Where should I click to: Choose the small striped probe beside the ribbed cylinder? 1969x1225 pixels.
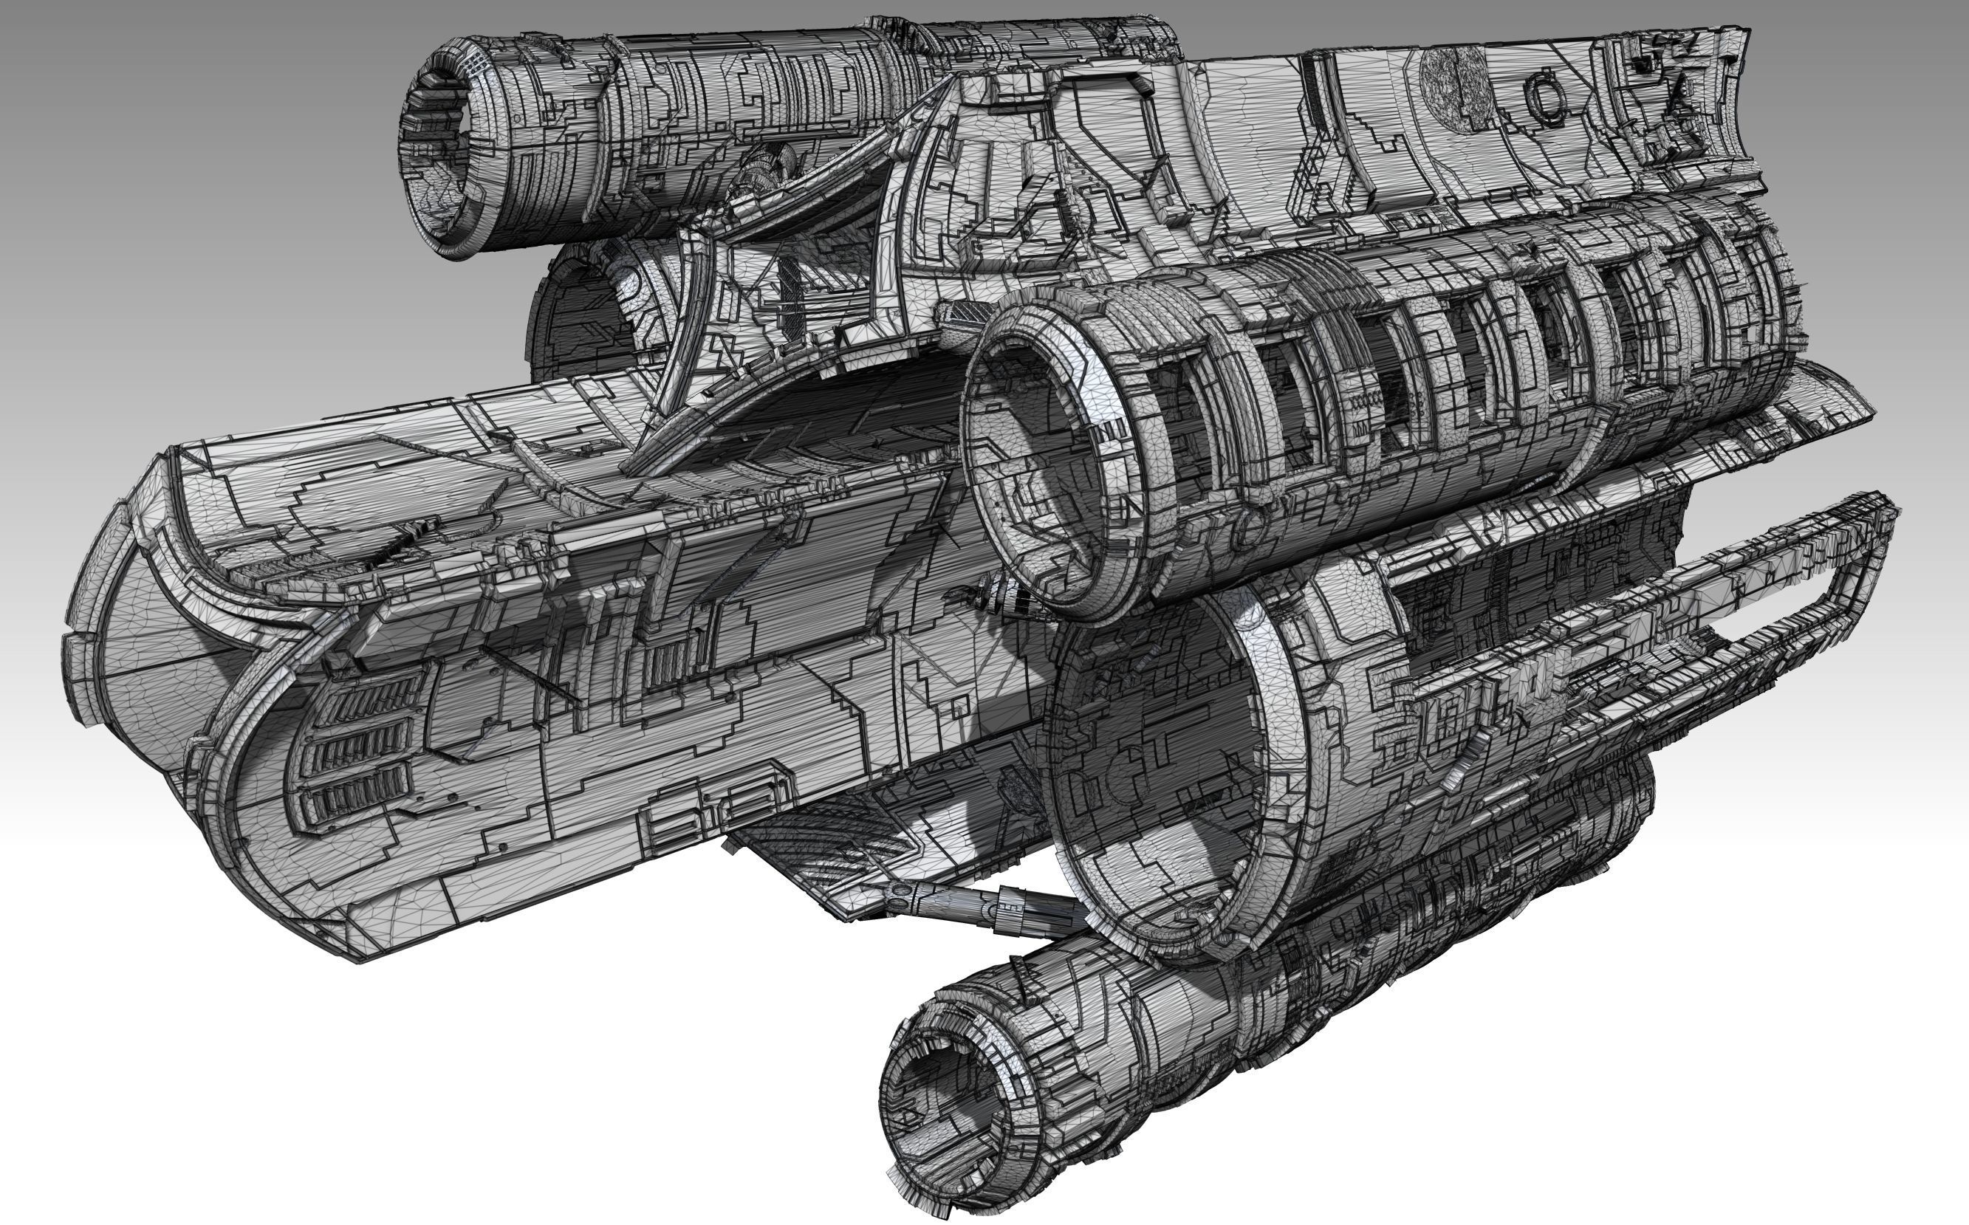coord(1004,600)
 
